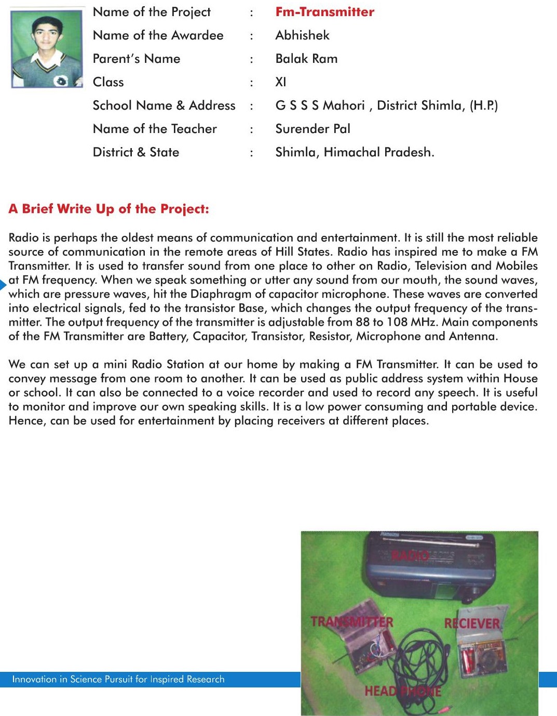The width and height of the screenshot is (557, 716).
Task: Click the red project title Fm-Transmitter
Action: pyautogui.click(x=324, y=12)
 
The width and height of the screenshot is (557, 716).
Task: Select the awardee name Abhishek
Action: pyautogui.click(x=302, y=35)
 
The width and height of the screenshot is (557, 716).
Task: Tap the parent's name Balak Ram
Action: pyautogui.click(x=306, y=59)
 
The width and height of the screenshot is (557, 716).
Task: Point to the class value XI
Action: pyautogui.click(x=281, y=82)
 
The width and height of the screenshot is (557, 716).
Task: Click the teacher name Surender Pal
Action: pyautogui.click(x=313, y=129)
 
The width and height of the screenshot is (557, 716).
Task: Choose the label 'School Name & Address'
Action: pyautogui.click(x=164, y=105)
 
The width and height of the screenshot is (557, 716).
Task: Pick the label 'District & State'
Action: pyautogui.click(x=136, y=152)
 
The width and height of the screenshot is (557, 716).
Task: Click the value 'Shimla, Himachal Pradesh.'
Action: pyautogui.click(x=355, y=152)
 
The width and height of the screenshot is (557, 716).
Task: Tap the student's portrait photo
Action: pyautogui.click(x=47, y=49)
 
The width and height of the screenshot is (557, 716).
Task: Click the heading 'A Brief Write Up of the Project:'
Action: pyautogui.click(x=108, y=209)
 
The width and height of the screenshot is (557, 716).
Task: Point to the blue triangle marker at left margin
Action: pyautogui.click(x=3, y=285)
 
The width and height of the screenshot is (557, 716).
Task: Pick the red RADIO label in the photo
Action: pyautogui.click(x=410, y=555)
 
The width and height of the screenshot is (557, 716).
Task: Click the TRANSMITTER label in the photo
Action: pyautogui.click(x=352, y=622)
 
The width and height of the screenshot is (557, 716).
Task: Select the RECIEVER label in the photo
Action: pyautogui.click(x=471, y=623)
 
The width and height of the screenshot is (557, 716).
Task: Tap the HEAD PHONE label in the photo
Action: pyautogui.click(x=403, y=691)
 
